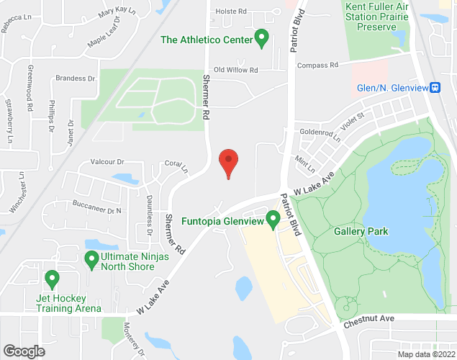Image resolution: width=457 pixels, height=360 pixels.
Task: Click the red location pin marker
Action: click(x=228, y=163)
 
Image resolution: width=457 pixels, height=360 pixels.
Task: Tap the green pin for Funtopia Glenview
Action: click(x=273, y=218)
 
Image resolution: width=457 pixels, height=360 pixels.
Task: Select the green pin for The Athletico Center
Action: click(x=262, y=37)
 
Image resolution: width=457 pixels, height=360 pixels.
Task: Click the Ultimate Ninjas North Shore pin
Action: click(x=91, y=258)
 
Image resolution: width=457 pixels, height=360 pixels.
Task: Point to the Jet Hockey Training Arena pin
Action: click(x=51, y=278)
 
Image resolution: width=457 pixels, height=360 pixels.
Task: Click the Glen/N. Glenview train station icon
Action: click(x=435, y=88)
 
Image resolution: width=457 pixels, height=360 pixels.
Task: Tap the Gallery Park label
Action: click(x=361, y=231)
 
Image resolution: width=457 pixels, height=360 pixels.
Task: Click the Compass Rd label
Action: click(x=317, y=65)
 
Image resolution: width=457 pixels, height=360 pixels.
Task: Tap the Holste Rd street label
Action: click(x=231, y=12)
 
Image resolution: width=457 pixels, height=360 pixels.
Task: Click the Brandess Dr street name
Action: click(x=76, y=78)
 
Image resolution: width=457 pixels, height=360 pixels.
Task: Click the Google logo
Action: click(x=23, y=351)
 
